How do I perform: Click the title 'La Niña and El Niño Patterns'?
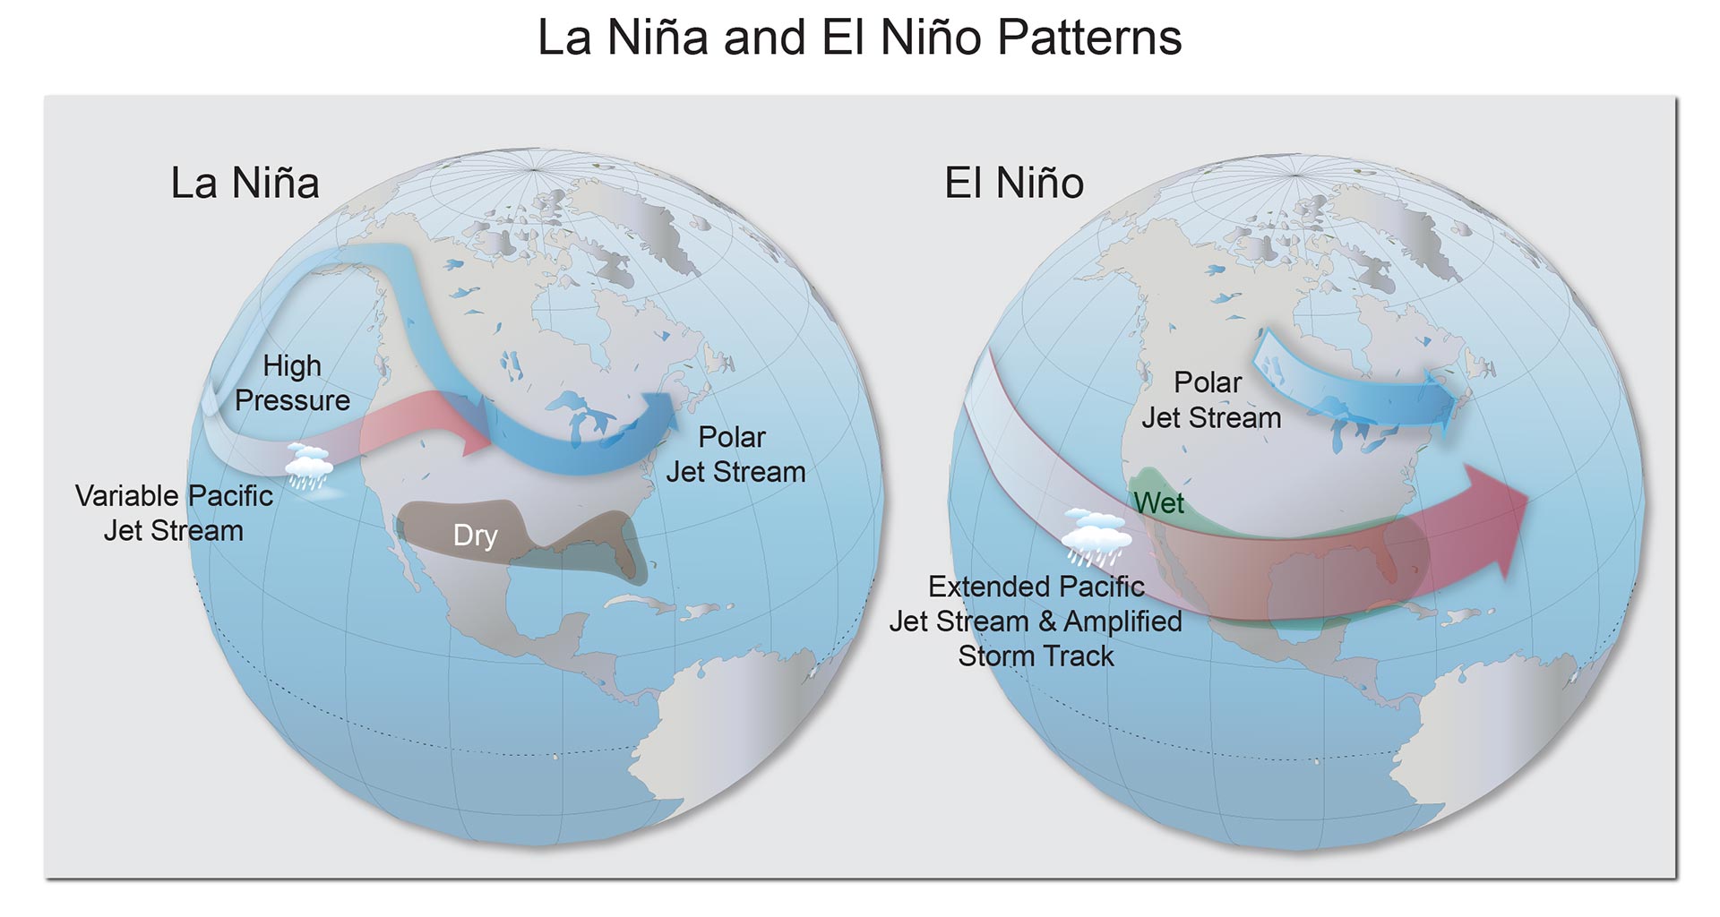(x=859, y=38)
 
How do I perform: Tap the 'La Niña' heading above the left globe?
(x=245, y=184)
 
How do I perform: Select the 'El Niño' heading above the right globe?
(x=1013, y=184)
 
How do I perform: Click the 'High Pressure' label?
(x=292, y=383)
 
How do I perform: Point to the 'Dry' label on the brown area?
(x=475, y=536)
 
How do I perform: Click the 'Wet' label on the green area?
(x=1158, y=503)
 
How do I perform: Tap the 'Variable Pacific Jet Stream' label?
(x=174, y=513)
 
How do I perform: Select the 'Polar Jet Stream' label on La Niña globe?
(x=735, y=455)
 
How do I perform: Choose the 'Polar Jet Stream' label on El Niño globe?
(x=1210, y=400)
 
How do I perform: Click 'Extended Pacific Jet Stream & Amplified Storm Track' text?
(x=1036, y=621)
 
